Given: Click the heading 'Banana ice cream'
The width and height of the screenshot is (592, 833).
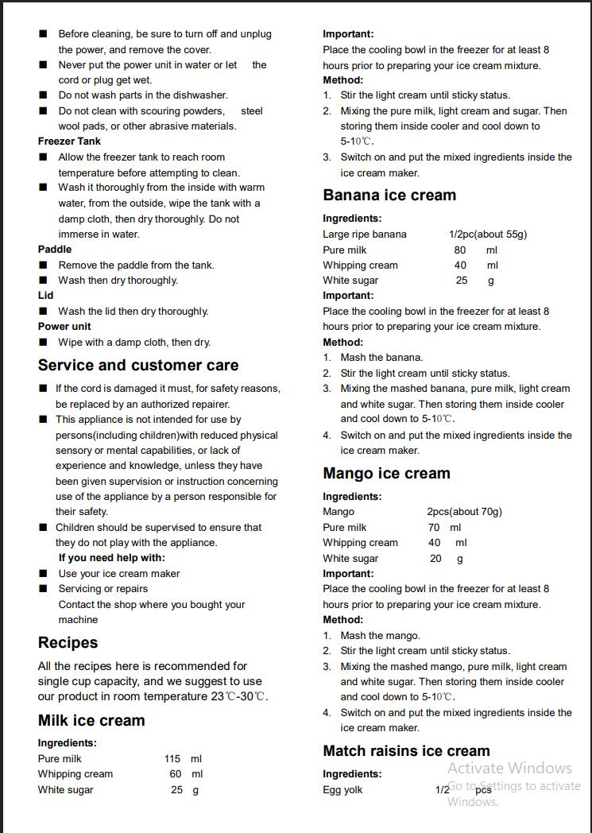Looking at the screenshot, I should click(389, 196).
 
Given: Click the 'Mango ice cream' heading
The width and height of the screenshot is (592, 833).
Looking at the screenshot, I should click(386, 474).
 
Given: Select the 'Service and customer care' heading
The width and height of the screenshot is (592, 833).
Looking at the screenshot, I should click(138, 366).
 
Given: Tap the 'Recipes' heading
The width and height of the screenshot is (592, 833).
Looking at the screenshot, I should click(68, 643).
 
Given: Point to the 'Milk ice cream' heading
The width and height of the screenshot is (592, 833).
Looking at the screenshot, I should click(91, 721).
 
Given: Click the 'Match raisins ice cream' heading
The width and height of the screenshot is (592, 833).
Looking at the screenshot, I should click(406, 751).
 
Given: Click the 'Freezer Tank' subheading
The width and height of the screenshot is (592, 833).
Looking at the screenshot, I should click(69, 141).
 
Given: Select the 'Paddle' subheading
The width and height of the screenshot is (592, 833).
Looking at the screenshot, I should click(55, 250).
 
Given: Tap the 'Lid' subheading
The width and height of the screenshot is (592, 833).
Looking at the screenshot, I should click(46, 296).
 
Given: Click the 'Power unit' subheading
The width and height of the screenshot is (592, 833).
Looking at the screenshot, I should click(64, 327).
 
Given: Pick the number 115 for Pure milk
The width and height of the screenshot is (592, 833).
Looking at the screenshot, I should click(172, 759).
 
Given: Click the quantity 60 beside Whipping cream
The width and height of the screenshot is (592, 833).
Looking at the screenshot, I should click(176, 774).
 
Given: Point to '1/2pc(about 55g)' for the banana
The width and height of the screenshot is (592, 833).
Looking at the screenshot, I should click(488, 234).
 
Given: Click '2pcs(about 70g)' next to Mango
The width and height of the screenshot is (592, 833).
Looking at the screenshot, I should click(465, 512).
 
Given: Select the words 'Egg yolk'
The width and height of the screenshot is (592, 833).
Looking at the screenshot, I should click(342, 790).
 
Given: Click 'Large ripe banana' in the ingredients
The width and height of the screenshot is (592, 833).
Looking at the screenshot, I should click(365, 234).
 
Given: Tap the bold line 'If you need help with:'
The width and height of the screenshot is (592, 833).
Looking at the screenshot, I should click(112, 558).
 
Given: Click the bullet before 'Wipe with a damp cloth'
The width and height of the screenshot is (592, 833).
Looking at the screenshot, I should click(43, 343).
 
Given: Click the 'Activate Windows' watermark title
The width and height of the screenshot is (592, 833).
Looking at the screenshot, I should click(509, 768).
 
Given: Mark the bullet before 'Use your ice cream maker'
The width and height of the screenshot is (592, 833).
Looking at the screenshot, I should click(43, 574).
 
